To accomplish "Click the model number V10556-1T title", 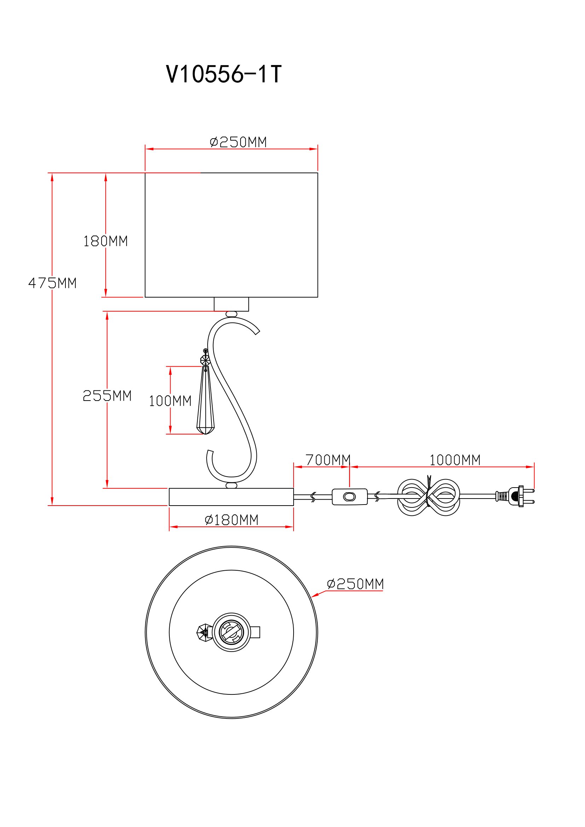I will [x=223, y=75].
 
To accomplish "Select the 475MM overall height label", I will [x=53, y=283].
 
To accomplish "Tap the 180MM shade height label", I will [x=105, y=241].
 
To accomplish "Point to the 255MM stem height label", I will [x=107, y=396].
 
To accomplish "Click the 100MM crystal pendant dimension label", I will [x=170, y=401].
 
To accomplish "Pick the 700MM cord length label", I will [x=328, y=460].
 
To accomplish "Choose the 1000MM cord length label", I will [x=455, y=460].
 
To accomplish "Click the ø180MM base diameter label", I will [x=232, y=520].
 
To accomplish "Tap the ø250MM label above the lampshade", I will [x=238, y=142].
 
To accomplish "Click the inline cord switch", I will [x=349, y=497].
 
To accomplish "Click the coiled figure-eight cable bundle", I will [x=429, y=497].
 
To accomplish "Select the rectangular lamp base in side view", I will [x=231, y=497].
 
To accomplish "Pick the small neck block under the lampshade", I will [x=231, y=304].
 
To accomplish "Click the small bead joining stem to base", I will [x=231, y=485].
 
